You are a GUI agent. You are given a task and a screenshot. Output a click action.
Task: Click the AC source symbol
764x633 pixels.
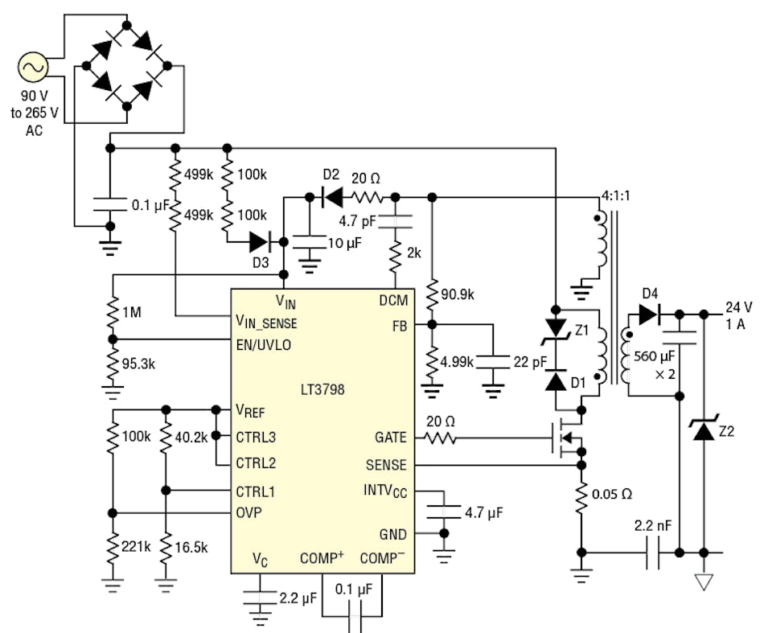pos(33,69)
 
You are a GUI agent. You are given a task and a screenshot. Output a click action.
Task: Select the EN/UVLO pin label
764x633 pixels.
pos(264,345)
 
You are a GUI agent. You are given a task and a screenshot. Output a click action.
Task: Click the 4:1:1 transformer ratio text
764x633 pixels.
pos(618,195)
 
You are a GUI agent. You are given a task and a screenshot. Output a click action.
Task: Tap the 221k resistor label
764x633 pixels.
pos(135,546)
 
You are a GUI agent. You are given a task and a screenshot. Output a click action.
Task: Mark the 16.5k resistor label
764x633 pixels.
pos(191,546)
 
